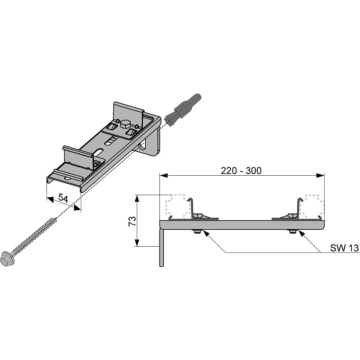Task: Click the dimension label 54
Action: [x=63, y=198]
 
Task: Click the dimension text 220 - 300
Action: [x=241, y=171]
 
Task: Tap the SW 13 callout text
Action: [x=345, y=248]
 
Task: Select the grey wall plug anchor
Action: [x=183, y=109]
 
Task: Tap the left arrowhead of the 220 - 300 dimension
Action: [x=164, y=176]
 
